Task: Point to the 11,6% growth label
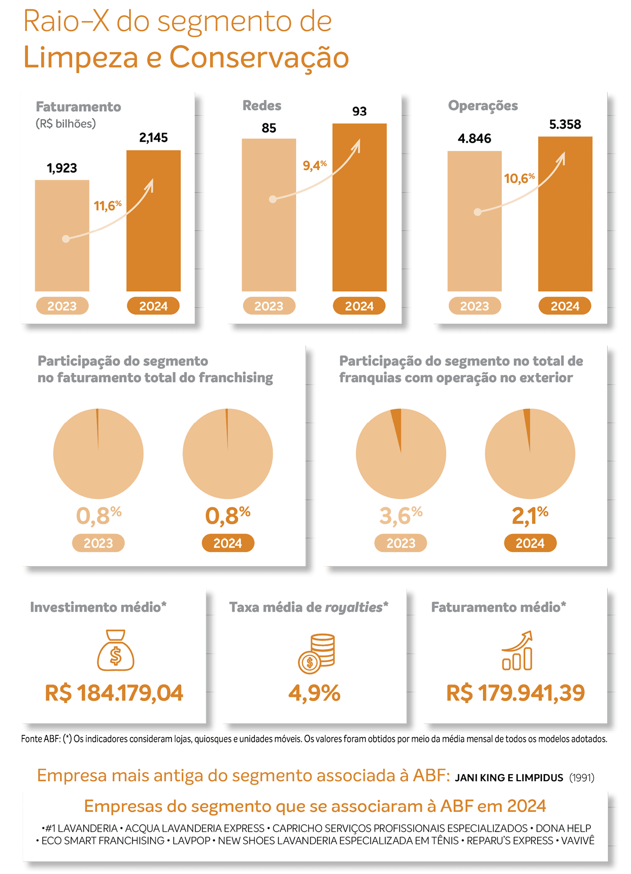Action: [107, 205]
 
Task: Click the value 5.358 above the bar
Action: [565, 124]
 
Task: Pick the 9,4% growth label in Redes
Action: [315, 165]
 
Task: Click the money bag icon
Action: [116, 650]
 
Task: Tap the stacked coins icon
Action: [316, 653]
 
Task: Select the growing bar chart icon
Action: [517, 651]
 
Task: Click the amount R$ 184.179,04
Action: [114, 693]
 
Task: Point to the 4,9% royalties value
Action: [315, 693]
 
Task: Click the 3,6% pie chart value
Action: [400, 516]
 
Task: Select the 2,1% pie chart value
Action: [530, 516]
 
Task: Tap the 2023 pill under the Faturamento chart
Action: [62, 306]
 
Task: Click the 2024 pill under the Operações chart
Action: [565, 306]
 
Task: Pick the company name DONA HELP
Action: [563, 828]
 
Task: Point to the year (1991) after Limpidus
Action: [581, 778]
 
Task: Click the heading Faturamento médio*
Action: [498, 607]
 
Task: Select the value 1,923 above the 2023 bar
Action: [62, 168]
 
